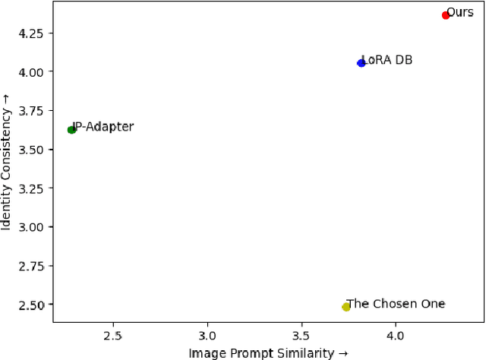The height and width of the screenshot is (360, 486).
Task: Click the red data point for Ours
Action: pos(446,15)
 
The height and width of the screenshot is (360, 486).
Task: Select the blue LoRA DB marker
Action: pos(361,63)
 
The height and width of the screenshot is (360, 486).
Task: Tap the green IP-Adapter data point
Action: pos(71,130)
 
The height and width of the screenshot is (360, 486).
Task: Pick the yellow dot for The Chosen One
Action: pos(346,307)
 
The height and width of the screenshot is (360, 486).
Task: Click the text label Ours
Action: pos(461,12)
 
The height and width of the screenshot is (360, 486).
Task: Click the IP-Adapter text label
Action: pos(104,127)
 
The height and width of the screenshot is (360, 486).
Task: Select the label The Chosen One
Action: pos(396,304)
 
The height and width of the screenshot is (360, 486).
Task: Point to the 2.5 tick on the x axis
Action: pos(113,335)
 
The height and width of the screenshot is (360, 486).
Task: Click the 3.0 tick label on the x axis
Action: pos(207,335)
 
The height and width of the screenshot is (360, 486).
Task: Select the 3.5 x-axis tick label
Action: pos(301,335)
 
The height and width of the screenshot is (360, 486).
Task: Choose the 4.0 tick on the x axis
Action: pos(395,335)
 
